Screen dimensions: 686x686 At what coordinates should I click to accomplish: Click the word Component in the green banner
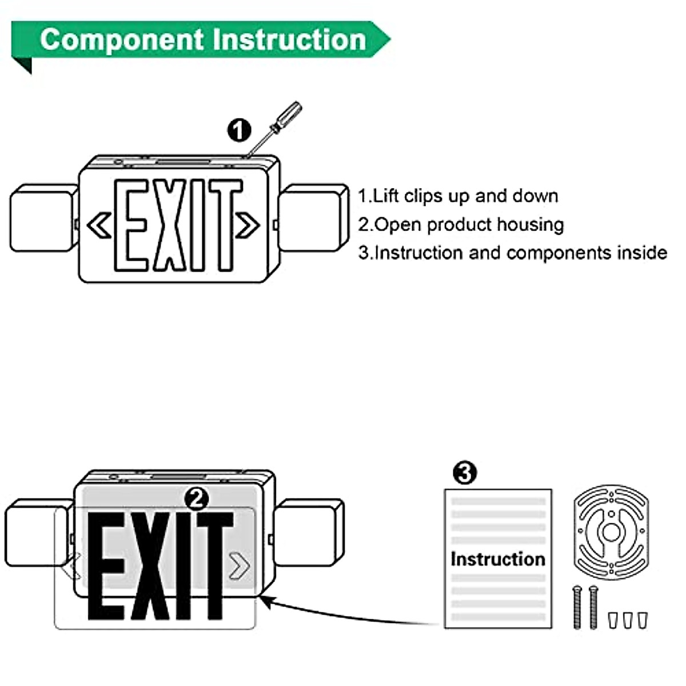[x=121, y=40]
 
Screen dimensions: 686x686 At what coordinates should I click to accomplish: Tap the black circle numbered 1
[x=239, y=130]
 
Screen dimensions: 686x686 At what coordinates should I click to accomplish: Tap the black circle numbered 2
[x=197, y=499]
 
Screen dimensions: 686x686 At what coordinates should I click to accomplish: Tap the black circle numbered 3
[x=464, y=473]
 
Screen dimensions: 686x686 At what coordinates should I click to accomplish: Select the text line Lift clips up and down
[x=458, y=196]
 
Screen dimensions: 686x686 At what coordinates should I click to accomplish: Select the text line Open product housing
[x=461, y=225]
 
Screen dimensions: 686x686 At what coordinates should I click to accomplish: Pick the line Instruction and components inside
[x=512, y=253]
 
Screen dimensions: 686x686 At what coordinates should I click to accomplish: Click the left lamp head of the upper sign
[x=43, y=217]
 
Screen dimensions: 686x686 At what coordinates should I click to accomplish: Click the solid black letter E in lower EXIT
[x=106, y=566]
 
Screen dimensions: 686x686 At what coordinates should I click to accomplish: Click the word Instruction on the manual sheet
[x=497, y=559]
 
